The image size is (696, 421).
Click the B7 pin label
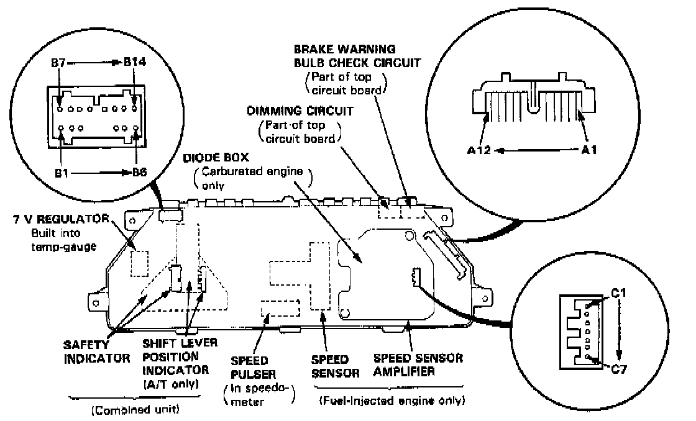pos(59,63)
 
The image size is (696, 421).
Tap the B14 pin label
pos(135,63)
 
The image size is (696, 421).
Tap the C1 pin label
pos(618,291)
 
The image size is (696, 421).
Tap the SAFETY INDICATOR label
pos(96,351)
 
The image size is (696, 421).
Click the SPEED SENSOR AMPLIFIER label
pos(418,365)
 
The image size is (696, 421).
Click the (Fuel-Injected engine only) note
pos(391,401)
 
